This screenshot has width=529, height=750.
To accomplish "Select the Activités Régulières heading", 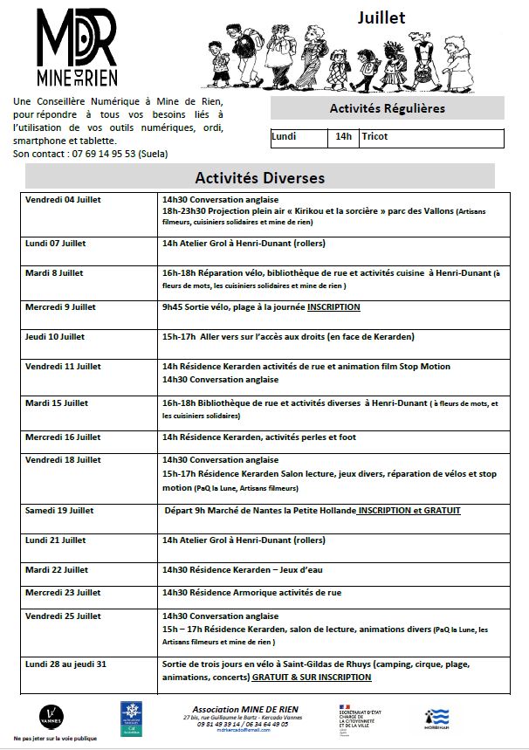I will (387, 109).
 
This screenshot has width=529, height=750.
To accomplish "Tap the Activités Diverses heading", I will (259, 177).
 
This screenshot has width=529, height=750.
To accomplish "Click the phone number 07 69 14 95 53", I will (88, 154).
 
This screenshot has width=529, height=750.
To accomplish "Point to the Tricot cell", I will (374, 137).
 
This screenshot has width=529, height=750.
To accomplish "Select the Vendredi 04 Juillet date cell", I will (63, 200).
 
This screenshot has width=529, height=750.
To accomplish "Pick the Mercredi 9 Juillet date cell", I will (61, 307).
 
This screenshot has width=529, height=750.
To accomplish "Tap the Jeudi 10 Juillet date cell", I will (55, 336).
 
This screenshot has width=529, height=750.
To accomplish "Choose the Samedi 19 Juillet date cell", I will (59, 511).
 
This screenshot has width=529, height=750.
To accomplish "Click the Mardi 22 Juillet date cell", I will (57, 569).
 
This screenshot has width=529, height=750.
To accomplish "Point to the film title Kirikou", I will (299, 211).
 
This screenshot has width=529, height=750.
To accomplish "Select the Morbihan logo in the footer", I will (436, 717).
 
